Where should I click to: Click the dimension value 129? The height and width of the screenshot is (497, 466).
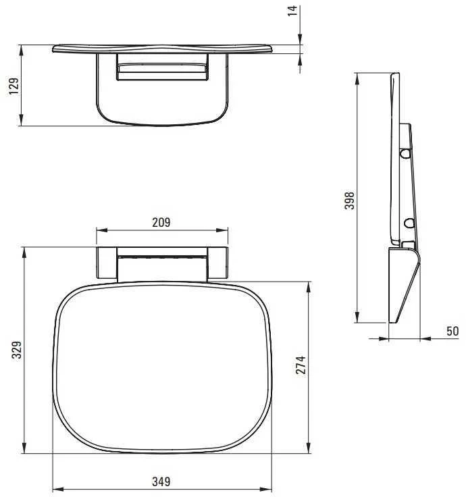pyautogui.click(x=14, y=86)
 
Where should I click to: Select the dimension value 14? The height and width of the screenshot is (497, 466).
pyautogui.click(x=292, y=11)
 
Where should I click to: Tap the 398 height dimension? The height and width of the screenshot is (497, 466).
pyautogui.click(x=350, y=201)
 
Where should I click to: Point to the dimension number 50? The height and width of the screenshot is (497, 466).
pyautogui.click(x=452, y=332)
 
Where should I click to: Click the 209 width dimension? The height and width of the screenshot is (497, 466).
pyautogui.click(x=161, y=223)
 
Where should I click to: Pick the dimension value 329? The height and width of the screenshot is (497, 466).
pyautogui.click(x=16, y=350)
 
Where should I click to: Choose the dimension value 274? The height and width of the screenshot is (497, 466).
pyautogui.click(x=301, y=365)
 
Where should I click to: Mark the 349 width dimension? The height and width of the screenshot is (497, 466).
pyautogui.click(x=161, y=481)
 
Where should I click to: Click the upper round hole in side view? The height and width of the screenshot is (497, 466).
pyautogui.click(x=405, y=153)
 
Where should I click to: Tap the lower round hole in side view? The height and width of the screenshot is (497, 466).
pyautogui.click(x=409, y=223)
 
